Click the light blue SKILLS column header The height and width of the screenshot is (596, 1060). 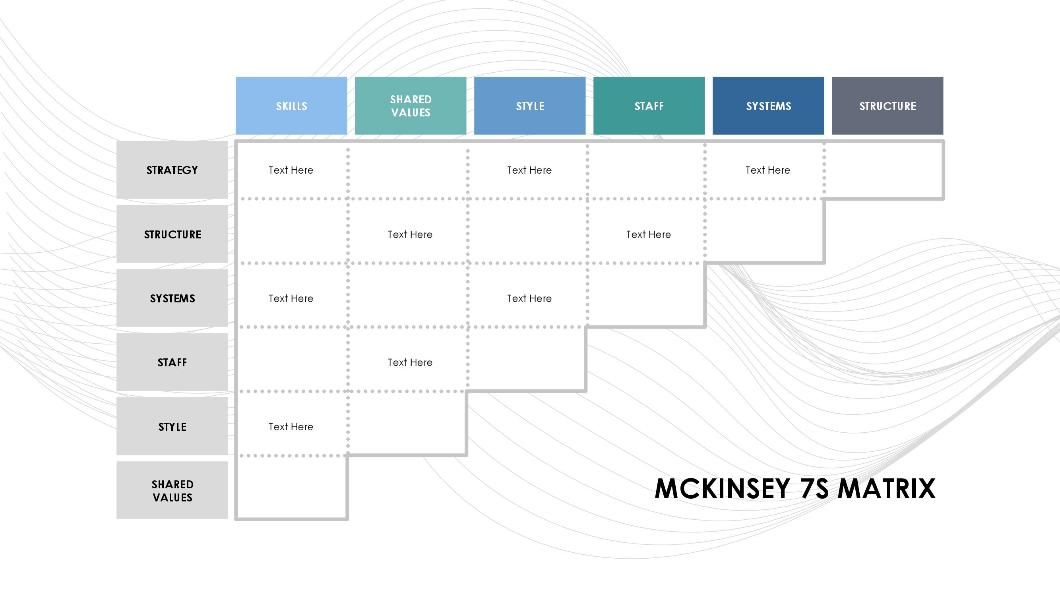click(x=291, y=106)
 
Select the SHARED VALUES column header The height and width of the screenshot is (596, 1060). click(x=411, y=106)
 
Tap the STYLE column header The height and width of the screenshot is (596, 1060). click(x=530, y=106)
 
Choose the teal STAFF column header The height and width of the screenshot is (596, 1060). click(x=649, y=106)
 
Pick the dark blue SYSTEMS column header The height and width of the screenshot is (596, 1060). click(x=768, y=106)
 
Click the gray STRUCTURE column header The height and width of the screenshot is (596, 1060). click(x=888, y=106)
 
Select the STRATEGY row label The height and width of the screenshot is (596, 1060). click(x=172, y=170)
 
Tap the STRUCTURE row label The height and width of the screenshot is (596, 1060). click(x=172, y=234)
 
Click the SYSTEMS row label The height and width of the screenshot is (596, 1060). click(x=172, y=298)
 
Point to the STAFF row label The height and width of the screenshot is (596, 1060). click(x=172, y=362)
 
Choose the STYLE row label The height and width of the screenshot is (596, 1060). click(x=172, y=426)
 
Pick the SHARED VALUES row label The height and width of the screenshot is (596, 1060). click(x=172, y=490)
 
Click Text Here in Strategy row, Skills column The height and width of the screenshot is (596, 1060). click(x=291, y=170)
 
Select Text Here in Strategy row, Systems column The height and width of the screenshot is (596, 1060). click(x=768, y=170)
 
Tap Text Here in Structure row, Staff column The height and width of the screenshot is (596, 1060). click(x=649, y=234)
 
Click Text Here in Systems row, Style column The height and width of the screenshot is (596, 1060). click(x=529, y=299)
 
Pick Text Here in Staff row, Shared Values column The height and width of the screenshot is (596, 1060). click(x=410, y=362)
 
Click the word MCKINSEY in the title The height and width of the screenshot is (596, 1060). click(x=722, y=489)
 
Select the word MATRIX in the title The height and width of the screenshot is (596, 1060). click(x=887, y=489)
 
